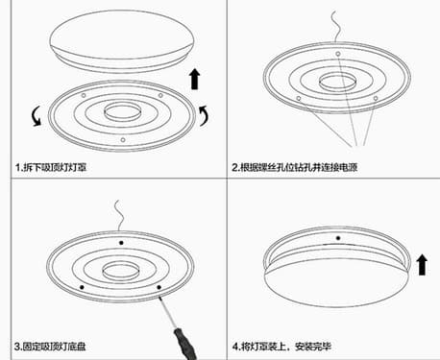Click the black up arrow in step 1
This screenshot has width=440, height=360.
(x=195, y=79)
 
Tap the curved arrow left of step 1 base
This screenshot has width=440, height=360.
(x=36, y=116)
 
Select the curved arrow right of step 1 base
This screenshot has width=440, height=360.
(x=205, y=116)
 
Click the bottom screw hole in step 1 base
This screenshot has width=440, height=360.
(x=123, y=140)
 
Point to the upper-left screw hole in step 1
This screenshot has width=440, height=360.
(x=84, y=95)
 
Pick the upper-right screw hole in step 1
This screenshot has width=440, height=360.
(x=160, y=95)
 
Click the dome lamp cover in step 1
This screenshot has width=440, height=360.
(x=122, y=41)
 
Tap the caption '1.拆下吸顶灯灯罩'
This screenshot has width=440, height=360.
(x=51, y=167)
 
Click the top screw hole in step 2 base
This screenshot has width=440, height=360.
(x=338, y=54)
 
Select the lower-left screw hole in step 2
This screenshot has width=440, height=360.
(x=299, y=98)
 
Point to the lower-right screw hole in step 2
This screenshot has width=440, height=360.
(x=376, y=98)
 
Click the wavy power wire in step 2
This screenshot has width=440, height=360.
(x=335, y=27)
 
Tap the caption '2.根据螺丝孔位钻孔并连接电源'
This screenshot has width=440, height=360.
(x=295, y=167)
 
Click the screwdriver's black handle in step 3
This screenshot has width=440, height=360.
(x=185, y=343)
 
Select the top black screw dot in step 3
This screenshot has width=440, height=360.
(x=121, y=243)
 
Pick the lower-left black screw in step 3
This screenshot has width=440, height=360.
(x=82, y=287)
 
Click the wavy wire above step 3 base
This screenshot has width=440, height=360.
(x=119, y=216)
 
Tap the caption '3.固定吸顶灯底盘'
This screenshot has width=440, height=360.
(x=50, y=347)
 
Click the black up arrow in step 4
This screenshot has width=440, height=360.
(x=422, y=265)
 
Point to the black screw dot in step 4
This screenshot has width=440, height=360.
(x=338, y=238)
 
